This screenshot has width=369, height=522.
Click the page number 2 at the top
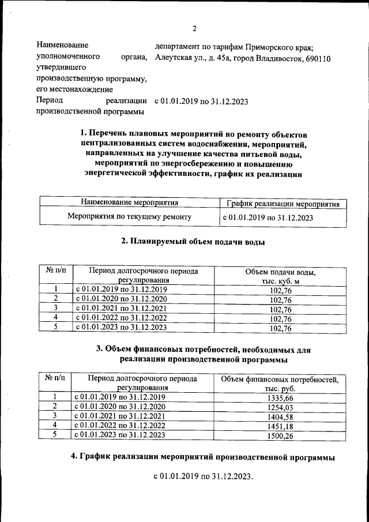point(194,29)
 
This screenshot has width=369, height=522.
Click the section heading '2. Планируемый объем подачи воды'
point(193,242)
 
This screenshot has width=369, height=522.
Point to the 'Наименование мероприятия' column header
point(129,202)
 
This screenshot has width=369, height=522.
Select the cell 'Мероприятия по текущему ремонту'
point(129,217)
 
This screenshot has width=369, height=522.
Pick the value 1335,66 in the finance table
point(281,397)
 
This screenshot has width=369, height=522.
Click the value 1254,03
point(281,407)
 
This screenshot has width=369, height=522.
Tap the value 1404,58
point(281,416)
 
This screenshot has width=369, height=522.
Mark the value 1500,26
point(281,435)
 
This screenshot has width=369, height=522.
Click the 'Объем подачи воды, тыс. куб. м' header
point(281,275)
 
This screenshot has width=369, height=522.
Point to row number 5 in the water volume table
point(55,327)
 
